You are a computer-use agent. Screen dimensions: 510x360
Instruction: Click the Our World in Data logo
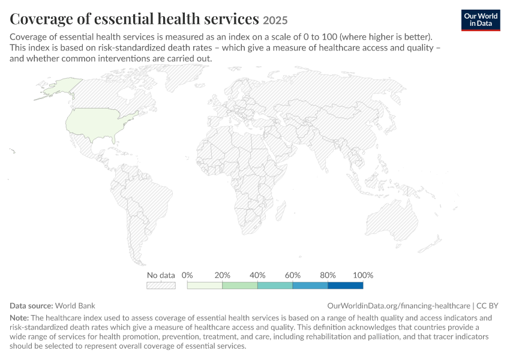[x=481, y=20]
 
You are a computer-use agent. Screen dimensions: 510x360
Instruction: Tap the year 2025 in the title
[x=275, y=20]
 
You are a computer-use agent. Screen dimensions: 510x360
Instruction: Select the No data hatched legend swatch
[x=161, y=286]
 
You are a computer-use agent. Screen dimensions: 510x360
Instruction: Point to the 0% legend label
[x=187, y=275]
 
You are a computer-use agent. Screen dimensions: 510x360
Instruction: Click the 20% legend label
[x=223, y=275]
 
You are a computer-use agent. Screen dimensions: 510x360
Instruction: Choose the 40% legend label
[x=257, y=275]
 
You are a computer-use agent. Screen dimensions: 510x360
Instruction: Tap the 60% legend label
[x=293, y=275]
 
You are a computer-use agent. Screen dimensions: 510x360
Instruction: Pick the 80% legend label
[x=328, y=275]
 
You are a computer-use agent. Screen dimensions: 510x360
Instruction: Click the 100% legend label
[x=363, y=275]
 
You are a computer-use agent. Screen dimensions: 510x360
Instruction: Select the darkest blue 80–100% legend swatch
[x=346, y=286]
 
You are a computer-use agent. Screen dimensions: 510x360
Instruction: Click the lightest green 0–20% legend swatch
[x=205, y=286]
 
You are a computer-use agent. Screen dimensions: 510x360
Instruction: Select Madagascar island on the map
[x=281, y=211]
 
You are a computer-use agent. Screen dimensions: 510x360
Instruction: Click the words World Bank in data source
[x=75, y=305]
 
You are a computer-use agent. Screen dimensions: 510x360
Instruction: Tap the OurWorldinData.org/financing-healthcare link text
[x=399, y=305]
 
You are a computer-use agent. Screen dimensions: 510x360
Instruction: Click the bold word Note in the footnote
[x=19, y=318]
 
